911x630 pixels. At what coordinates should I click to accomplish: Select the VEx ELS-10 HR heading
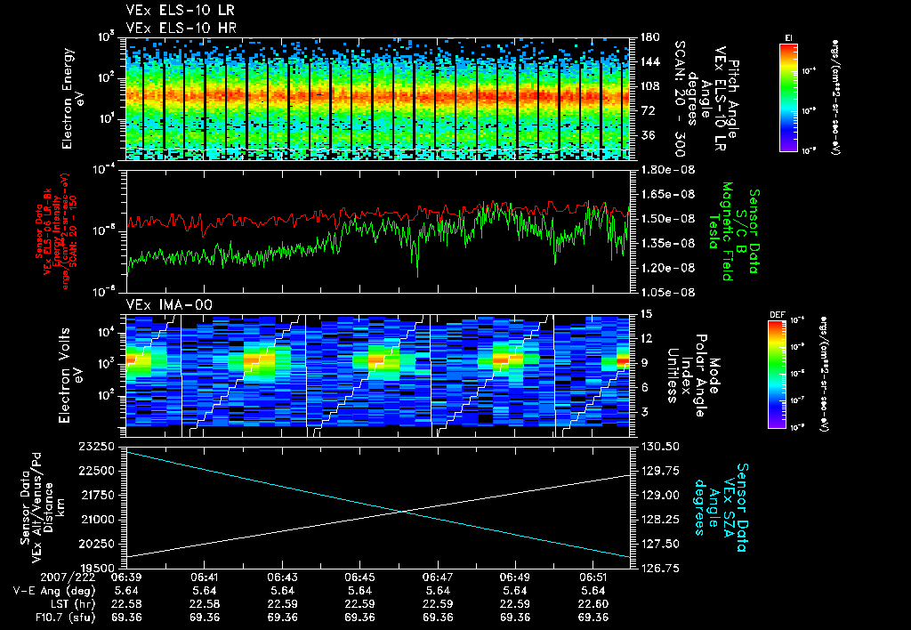(x=173, y=28)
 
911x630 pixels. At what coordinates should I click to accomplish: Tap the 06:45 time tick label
(x=359, y=577)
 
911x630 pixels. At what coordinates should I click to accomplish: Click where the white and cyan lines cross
(x=406, y=511)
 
